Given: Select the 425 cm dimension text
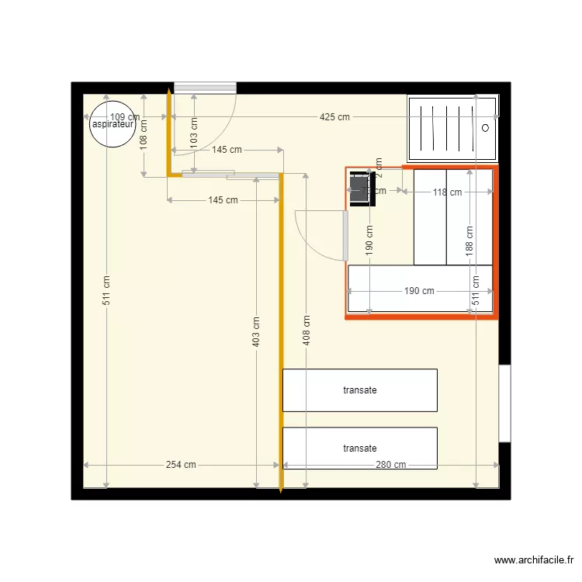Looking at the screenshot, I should pyautogui.click(x=334, y=117).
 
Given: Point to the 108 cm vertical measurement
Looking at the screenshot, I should pyautogui.click(x=144, y=142).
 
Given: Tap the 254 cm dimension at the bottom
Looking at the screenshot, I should pyautogui.click(x=181, y=465).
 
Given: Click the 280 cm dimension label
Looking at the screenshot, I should pyautogui.click(x=390, y=465).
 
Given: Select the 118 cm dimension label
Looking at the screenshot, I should pyautogui.click(x=447, y=192).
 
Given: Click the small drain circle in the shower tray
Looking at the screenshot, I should pyautogui.click(x=486, y=126).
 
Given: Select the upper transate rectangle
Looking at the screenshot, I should pyautogui.click(x=359, y=390).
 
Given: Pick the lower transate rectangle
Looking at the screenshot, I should pyautogui.click(x=359, y=449).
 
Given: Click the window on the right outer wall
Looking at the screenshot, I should pyautogui.click(x=504, y=404).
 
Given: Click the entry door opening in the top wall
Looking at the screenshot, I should pyautogui.click(x=205, y=88).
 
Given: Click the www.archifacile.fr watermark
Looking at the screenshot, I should pyautogui.click(x=534, y=560).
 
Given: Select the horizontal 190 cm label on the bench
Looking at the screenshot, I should pyautogui.click(x=419, y=291).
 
